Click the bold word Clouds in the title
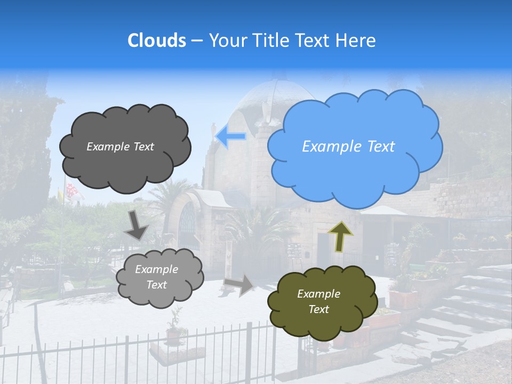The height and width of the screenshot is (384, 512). (x=157, y=41)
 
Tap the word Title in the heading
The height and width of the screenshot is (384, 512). (x=272, y=41)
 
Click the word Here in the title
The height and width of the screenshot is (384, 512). (x=358, y=41)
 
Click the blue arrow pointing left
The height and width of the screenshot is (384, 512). (x=230, y=137)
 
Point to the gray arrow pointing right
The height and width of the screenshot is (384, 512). (x=239, y=285)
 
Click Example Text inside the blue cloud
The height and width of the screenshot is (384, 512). (x=348, y=147)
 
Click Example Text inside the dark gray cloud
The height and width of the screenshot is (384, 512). (x=120, y=147)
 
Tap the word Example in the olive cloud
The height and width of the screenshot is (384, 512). (x=318, y=294)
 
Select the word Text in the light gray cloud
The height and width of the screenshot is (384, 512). (x=156, y=285)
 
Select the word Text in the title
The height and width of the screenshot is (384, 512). (x=316, y=41)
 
